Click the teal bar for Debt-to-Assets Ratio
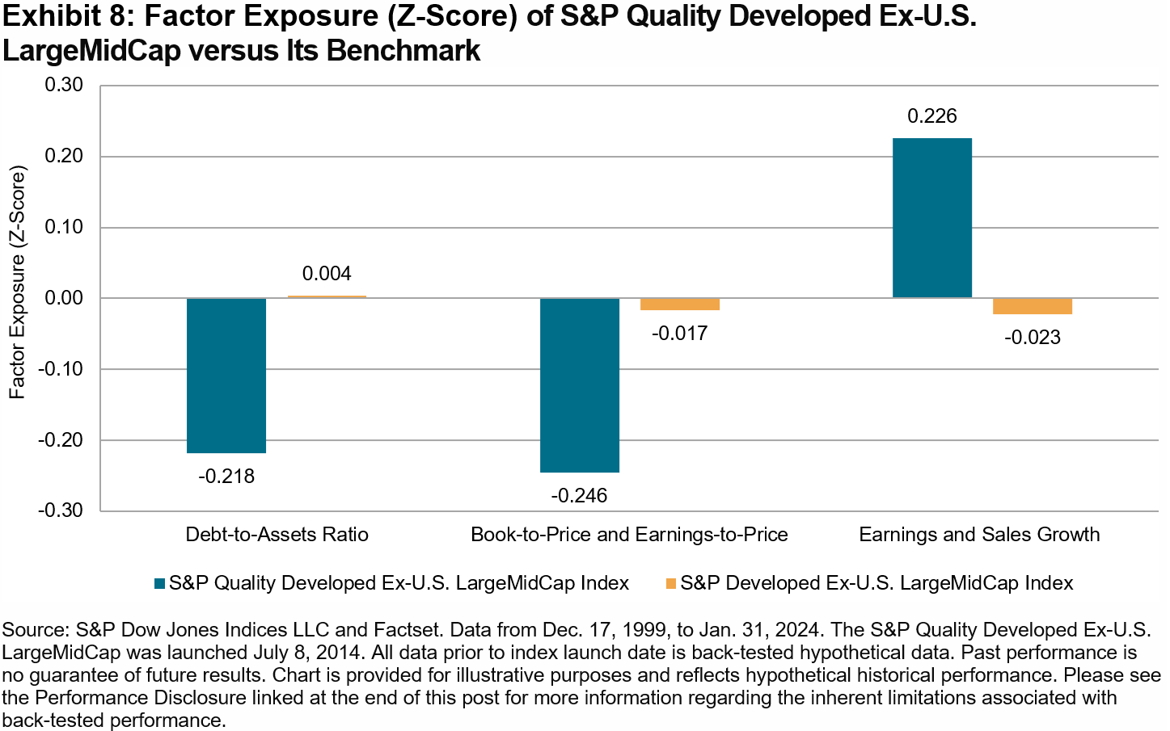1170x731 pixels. click(x=226, y=376)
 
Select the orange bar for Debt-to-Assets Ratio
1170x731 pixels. click(x=327, y=296)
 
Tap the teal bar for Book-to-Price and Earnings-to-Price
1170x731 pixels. click(x=580, y=385)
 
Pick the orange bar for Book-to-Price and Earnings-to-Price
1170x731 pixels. click(x=680, y=305)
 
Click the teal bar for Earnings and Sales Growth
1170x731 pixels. click(x=932, y=218)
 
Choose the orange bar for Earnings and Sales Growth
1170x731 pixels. click(x=1033, y=306)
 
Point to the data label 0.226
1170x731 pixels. click(x=932, y=116)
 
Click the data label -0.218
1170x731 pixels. click(x=226, y=477)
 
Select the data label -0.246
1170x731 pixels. click(x=580, y=496)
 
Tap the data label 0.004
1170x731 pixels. click(x=327, y=274)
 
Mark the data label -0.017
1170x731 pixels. click(x=680, y=334)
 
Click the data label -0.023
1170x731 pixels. click(x=1033, y=338)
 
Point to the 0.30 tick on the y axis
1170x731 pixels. click(x=64, y=85)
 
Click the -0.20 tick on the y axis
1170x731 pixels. click(x=61, y=440)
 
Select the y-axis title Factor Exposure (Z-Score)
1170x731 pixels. click(x=18, y=283)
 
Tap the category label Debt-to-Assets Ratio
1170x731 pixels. click(x=277, y=535)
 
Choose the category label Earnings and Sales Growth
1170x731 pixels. click(x=979, y=535)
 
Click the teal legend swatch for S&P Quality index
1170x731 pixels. click(x=159, y=583)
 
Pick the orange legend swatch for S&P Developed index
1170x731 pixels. click(x=670, y=583)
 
